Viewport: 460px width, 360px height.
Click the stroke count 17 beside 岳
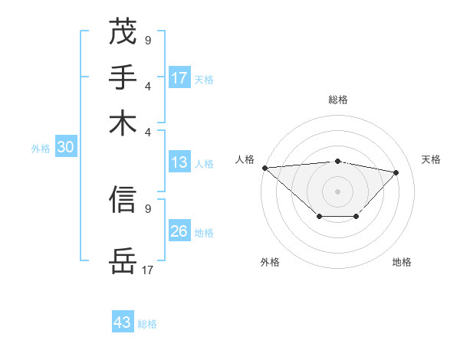(x=148, y=270)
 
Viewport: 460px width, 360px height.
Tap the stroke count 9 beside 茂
(x=148, y=39)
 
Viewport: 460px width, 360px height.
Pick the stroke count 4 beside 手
(x=148, y=85)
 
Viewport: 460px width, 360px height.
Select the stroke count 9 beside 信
(x=148, y=208)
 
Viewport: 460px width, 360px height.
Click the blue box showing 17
(x=179, y=77)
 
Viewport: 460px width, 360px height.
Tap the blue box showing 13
(x=179, y=162)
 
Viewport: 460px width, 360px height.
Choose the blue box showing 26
(x=179, y=231)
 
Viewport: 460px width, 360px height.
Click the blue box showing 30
(x=65, y=148)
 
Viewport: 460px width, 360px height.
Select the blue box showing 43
(x=123, y=322)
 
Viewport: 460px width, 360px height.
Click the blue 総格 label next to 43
(x=147, y=324)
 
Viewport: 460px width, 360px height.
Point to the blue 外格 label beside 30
(x=41, y=149)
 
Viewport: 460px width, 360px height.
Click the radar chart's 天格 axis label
(x=431, y=159)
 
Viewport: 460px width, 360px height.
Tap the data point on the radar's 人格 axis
(x=264, y=168)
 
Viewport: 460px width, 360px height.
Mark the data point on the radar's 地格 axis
(x=356, y=218)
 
